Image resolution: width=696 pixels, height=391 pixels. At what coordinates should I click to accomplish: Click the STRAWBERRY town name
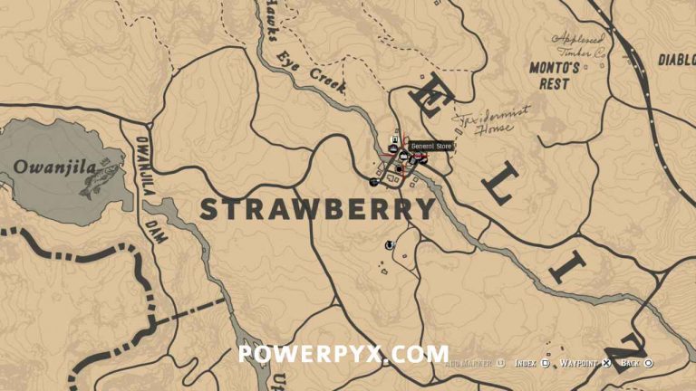point(317,209)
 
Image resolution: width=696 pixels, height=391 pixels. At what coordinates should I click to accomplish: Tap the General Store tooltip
point(430,146)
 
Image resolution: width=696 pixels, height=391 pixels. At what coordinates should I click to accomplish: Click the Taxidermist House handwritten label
point(484,123)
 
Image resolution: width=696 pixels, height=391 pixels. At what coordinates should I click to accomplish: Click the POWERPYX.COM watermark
point(343,353)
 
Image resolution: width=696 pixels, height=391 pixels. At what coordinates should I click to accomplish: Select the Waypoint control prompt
point(585,363)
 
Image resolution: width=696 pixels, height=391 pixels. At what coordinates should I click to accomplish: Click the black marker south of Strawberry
point(391,243)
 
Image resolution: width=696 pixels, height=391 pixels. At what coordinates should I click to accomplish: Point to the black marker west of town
point(373,182)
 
